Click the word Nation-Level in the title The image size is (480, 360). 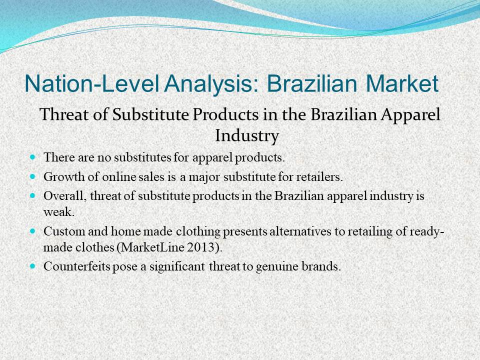tap(91, 83)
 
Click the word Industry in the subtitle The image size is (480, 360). tap(247, 135)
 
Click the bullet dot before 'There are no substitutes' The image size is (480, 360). tap(33, 157)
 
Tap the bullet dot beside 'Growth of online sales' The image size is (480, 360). tap(33, 176)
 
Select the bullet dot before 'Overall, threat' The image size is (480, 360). tap(33, 196)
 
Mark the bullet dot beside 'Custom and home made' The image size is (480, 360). tap(33, 231)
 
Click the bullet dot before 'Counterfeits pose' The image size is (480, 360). tap(33, 266)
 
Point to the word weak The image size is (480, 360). tap(59, 212)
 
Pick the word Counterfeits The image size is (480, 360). tap(77, 266)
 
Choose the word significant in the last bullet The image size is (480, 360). tap(177, 267)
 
